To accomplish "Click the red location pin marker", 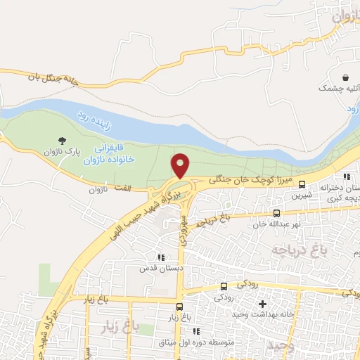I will click(181, 165).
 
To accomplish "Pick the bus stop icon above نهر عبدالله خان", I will click(276, 212).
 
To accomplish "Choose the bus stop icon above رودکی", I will click(224, 285).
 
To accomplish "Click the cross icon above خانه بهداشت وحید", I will click(263, 304).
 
